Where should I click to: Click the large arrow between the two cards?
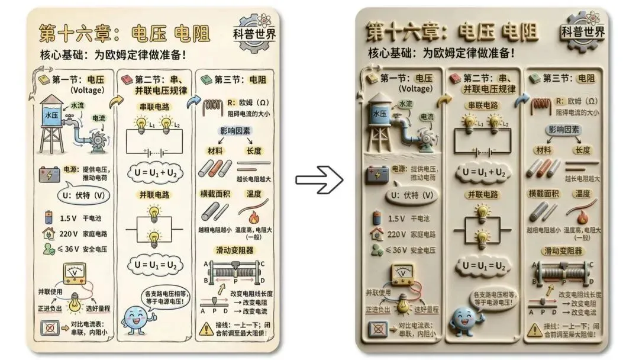point(319,180)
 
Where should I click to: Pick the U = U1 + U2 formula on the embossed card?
point(483,172)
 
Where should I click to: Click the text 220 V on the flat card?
point(72,233)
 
